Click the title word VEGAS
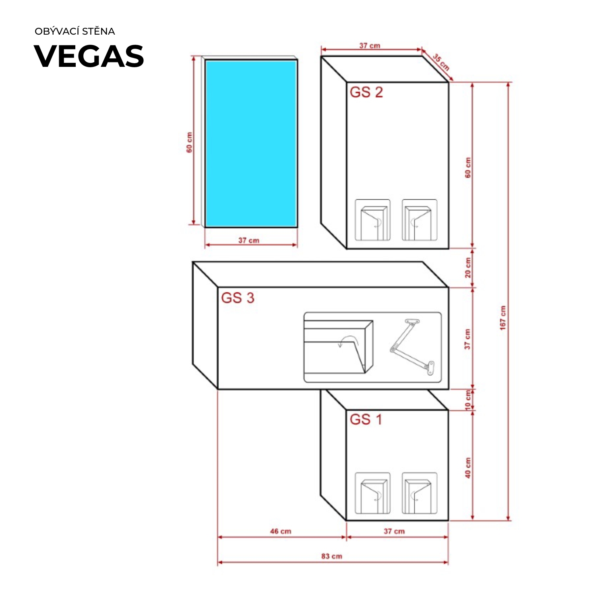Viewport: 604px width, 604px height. (x=89, y=56)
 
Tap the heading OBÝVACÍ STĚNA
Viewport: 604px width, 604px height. (x=75, y=31)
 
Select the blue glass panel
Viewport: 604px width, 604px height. (x=251, y=143)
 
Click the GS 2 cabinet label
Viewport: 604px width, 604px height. (x=366, y=92)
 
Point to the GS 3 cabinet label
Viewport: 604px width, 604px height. (x=238, y=298)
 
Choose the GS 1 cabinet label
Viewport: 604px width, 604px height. (x=366, y=420)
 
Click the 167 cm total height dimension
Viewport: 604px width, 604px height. (x=503, y=318)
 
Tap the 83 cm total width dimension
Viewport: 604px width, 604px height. (x=332, y=556)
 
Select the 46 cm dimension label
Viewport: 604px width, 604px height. (x=281, y=531)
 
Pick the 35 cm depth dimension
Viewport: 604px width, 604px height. (x=441, y=62)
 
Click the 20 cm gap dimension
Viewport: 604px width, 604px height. (x=468, y=268)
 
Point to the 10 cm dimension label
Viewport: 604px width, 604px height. (x=468, y=400)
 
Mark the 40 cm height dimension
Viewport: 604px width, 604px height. (x=468, y=468)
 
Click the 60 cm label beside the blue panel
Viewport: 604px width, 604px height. (x=189, y=143)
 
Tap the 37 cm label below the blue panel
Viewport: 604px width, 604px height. (x=249, y=240)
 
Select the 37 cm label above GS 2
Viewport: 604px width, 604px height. (x=370, y=46)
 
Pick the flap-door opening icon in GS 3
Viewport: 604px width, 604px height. (x=339, y=347)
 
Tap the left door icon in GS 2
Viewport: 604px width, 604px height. (x=372, y=220)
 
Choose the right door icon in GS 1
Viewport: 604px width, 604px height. (x=420, y=493)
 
